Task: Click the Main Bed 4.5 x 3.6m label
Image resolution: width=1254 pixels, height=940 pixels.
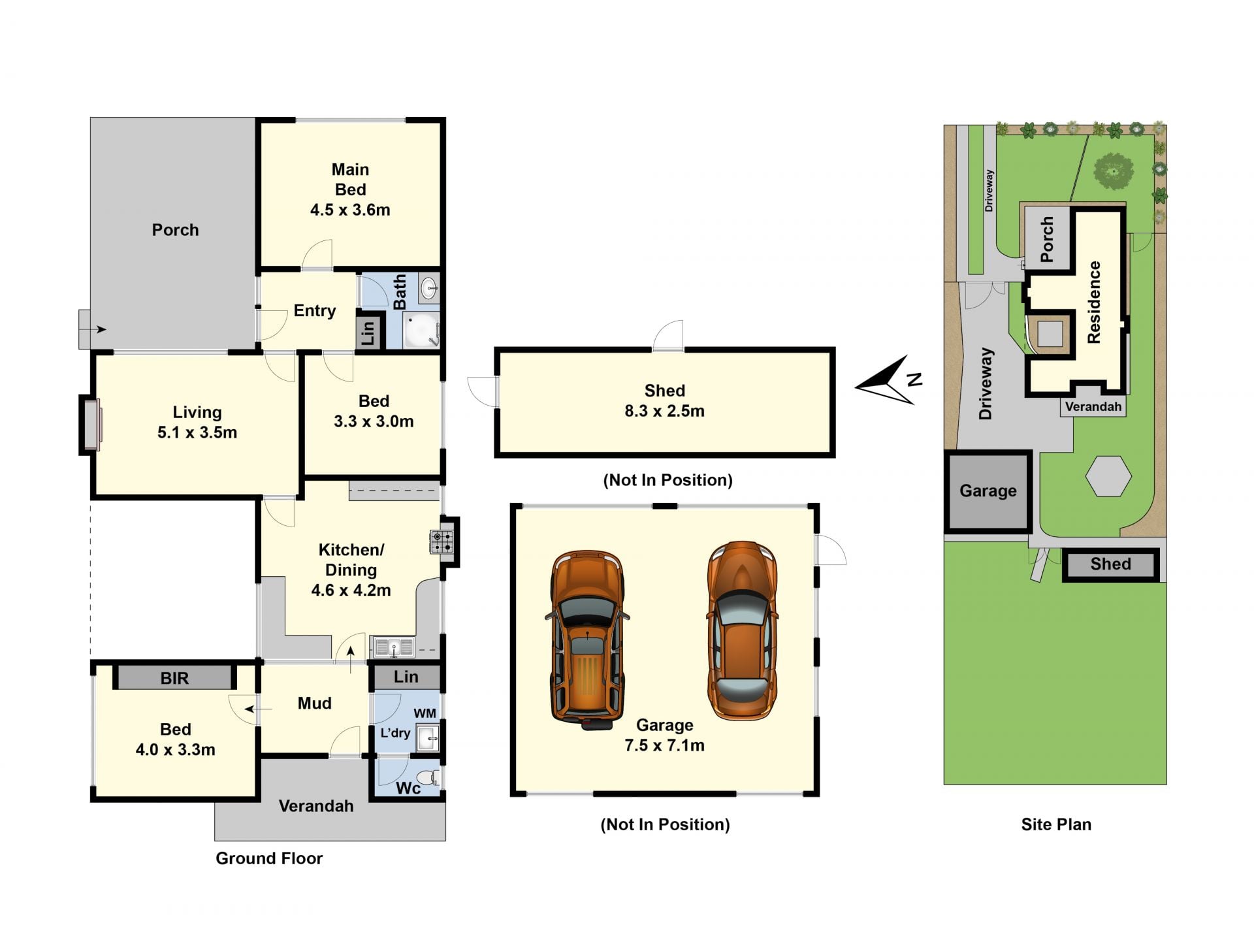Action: point(350,189)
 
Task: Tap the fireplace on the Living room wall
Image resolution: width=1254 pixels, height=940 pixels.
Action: point(91,425)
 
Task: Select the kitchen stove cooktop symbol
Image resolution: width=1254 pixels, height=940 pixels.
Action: point(442,542)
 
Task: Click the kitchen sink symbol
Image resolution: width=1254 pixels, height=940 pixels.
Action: point(393,647)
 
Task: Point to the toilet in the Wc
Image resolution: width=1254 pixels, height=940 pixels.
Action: point(428,777)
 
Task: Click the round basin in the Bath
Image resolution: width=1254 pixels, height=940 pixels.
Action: point(429,288)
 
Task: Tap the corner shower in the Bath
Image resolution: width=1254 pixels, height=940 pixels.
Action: point(421,330)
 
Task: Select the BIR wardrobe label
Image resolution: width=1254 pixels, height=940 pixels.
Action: point(174,678)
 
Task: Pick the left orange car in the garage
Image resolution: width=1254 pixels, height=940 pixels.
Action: point(587,640)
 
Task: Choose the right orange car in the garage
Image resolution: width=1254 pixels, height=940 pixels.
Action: point(742,630)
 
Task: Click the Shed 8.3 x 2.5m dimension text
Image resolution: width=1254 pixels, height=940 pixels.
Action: point(664,411)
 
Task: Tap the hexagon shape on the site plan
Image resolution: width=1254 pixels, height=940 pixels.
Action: point(1108,476)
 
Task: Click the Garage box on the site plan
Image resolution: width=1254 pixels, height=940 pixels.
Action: point(988,492)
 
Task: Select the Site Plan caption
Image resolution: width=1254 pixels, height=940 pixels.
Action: point(1056,824)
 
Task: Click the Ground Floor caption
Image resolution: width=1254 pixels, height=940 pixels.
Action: point(269,858)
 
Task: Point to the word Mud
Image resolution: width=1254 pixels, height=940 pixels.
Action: point(314,703)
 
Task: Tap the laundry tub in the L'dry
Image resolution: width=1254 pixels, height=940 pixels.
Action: point(428,738)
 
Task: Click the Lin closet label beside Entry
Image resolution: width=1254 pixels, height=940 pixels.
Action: point(368,332)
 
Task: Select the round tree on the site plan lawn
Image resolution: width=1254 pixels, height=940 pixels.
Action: point(1114,171)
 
